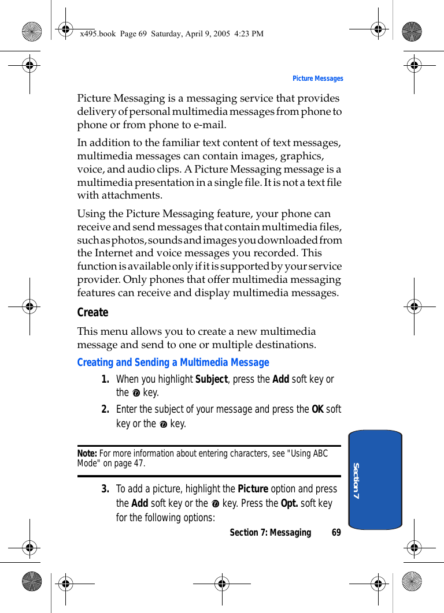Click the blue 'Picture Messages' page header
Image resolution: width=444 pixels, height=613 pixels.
tap(317, 79)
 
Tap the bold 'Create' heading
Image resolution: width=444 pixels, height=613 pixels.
tap(92, 312)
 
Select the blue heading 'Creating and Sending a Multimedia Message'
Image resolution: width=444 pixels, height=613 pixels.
tap(173, 362)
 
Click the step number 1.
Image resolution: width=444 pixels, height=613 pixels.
tap(105, 379)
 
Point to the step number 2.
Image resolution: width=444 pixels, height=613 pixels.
tap(105, 409)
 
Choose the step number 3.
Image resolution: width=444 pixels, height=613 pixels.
tap(105, 489)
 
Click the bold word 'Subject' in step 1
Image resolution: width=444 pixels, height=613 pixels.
tap(212, 379)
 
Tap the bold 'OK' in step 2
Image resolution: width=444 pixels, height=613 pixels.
tap(317, 409)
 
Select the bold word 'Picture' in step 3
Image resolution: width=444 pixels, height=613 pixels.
tap(253, 489)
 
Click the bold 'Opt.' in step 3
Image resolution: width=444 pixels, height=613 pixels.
tap(289, 503)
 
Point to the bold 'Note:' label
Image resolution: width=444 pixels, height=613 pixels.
tap(87, 454)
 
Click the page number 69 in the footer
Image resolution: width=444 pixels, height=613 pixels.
tap(336, 532)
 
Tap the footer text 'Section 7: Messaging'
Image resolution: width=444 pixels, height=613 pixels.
tap(270, 532)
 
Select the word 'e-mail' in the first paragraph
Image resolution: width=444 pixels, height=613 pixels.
tap(210, 125)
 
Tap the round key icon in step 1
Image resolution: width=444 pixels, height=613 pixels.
tap(136, 394)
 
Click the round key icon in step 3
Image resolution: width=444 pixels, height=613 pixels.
tap(215, 504)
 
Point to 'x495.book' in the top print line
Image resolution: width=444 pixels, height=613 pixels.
tap(98, 33)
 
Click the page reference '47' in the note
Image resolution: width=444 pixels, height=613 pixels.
tap(140, 463)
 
